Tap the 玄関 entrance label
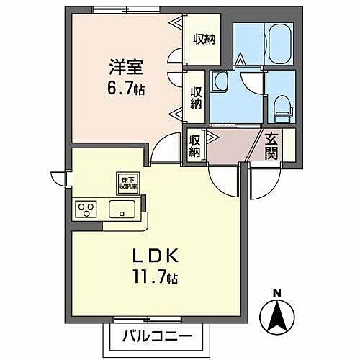pyautogui.click(x=271, y=148)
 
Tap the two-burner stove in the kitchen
pyautogui.click(x=88, y=210)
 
